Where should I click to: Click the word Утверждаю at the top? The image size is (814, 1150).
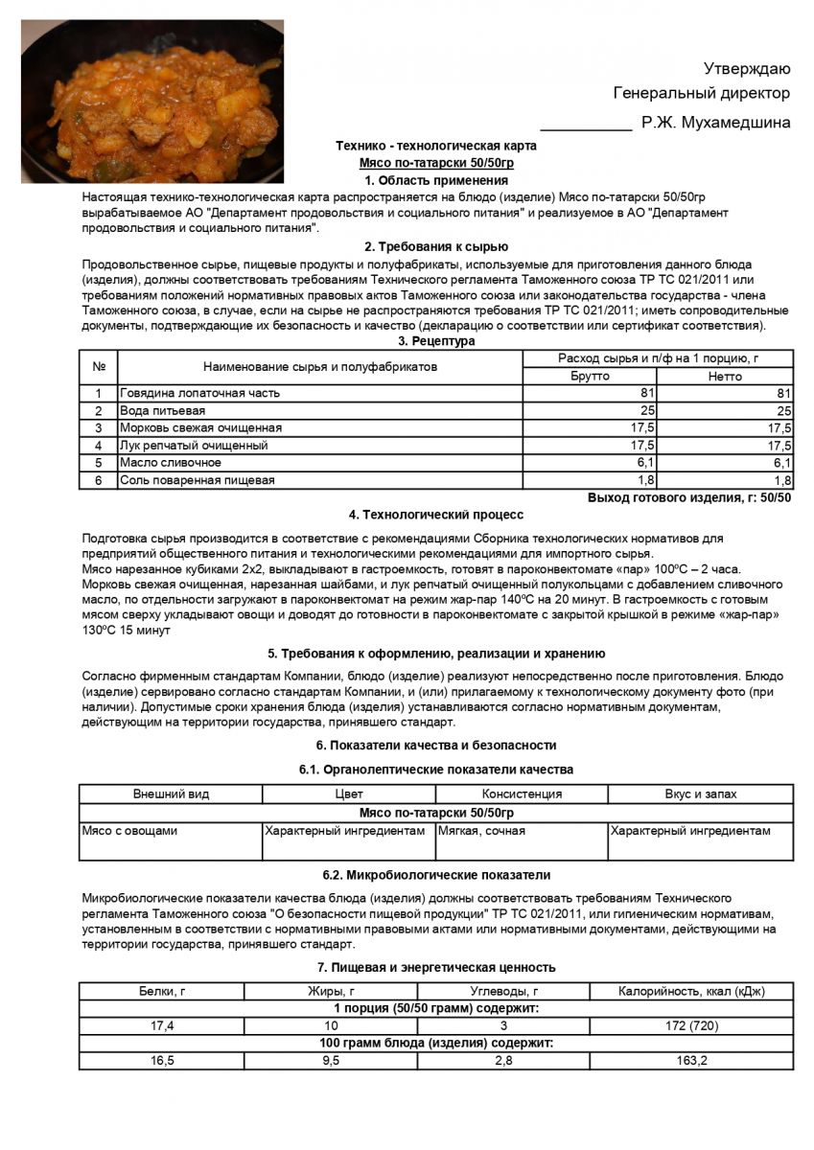tap(747, 68)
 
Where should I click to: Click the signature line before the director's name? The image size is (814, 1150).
tap(586, 126)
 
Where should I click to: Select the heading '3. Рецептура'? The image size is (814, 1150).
tap(436, 341)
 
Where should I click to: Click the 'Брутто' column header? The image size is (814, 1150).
tap(590, 376)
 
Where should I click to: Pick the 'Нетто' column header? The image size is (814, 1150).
tap(725, 376)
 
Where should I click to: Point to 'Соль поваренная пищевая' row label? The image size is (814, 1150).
tap(197, 480)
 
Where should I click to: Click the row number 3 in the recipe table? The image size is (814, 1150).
tap(98, 427)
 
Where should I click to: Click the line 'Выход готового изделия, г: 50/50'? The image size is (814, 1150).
tap(689, 498)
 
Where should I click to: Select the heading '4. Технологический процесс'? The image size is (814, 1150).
tap(436, 516)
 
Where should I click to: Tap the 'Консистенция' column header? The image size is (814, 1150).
tap(522, 794)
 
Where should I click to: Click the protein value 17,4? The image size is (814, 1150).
tap(162, 1026)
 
